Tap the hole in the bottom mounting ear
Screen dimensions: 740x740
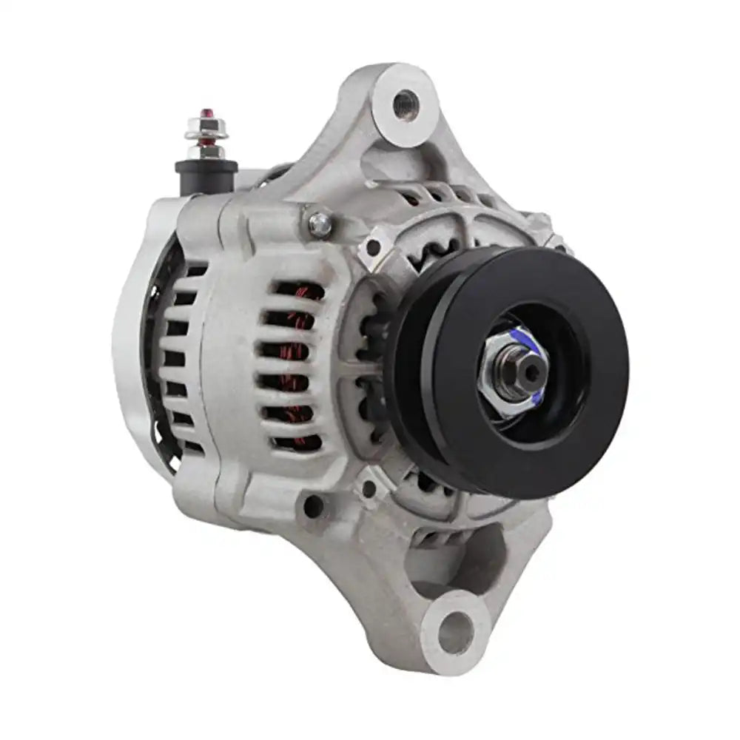click(454, 633)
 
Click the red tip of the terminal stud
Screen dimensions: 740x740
click(204, 112)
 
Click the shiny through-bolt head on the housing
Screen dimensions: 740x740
click(320, 224)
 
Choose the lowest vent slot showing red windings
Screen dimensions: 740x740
click(297, 443)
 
